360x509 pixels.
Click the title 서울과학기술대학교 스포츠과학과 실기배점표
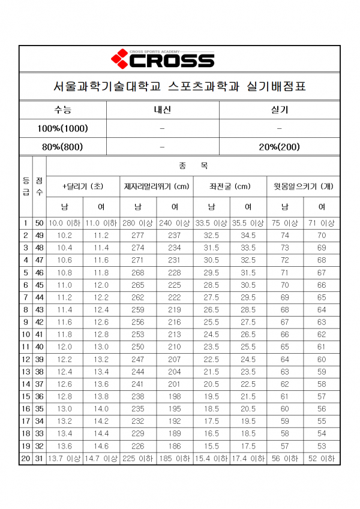point(179,88)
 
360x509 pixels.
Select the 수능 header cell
point(62,110)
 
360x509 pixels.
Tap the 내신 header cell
point(162,110)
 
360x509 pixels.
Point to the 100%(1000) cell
point(62,128)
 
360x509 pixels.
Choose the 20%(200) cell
point(280,146)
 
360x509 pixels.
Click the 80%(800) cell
point(62,146)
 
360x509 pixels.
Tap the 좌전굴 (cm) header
point(230,186)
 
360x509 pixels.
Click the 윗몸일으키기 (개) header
point(303,186)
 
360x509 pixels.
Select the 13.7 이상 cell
point(65,459)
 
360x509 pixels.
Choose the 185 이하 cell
point(175,459)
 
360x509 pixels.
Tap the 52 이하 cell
point(322,459)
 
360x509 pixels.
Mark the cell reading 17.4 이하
point(248,459)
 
